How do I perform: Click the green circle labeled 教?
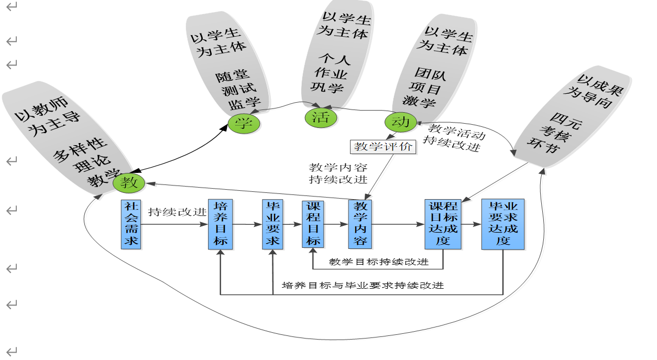(128, 182)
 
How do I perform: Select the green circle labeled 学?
(244, 123)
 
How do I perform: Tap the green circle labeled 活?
(321, 117)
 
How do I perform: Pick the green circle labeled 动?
(401, 122)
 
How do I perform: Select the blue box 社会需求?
(131, 224)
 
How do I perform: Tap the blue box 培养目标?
(221, 224)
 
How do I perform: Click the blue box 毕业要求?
(272, 224)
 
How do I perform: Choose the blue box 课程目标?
(313, 224)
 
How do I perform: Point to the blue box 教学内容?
(360, 224)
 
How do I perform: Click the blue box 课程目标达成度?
(443, 224)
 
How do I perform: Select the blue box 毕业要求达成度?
(503, 224)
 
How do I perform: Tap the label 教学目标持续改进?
(379, 261)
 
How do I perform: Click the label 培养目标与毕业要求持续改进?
(363, 286)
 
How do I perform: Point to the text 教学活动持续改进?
(454, 137)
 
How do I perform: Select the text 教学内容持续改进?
(338, 173)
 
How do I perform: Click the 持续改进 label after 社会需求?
(177, 213)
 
